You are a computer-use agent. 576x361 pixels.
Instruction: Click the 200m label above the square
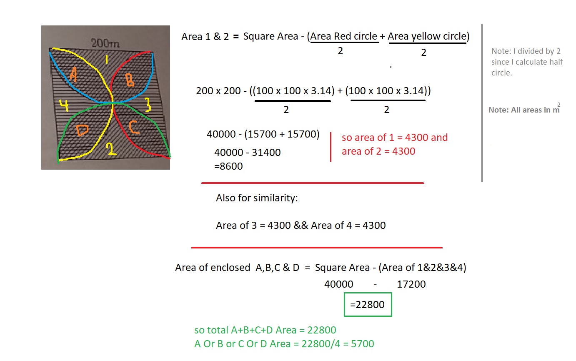coord(105,43)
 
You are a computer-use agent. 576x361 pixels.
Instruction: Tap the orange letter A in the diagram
coord(74,74)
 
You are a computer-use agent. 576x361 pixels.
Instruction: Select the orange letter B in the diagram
coord(130,80)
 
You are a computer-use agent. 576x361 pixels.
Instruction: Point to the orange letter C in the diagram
coord(134,127)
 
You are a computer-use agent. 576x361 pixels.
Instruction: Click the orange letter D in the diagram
coord(82,130)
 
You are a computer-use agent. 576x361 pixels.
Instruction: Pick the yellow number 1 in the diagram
coord(107,59)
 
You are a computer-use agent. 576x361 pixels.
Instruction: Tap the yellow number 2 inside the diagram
coord(111,149)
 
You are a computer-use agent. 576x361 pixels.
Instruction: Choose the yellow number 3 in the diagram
coord(148,105)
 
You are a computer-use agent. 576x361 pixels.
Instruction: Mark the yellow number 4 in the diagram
coord(64,105)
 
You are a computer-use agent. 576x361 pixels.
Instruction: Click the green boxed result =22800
coord(368,304)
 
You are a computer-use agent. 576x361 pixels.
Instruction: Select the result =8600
coord(228,166)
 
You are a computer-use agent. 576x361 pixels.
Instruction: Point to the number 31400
coord(266,153)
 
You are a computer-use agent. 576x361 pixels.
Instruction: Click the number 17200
coord(411,284)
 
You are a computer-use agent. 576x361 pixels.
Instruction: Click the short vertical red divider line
coord(331,147)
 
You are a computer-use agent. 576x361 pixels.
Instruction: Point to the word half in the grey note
coord(556,62)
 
